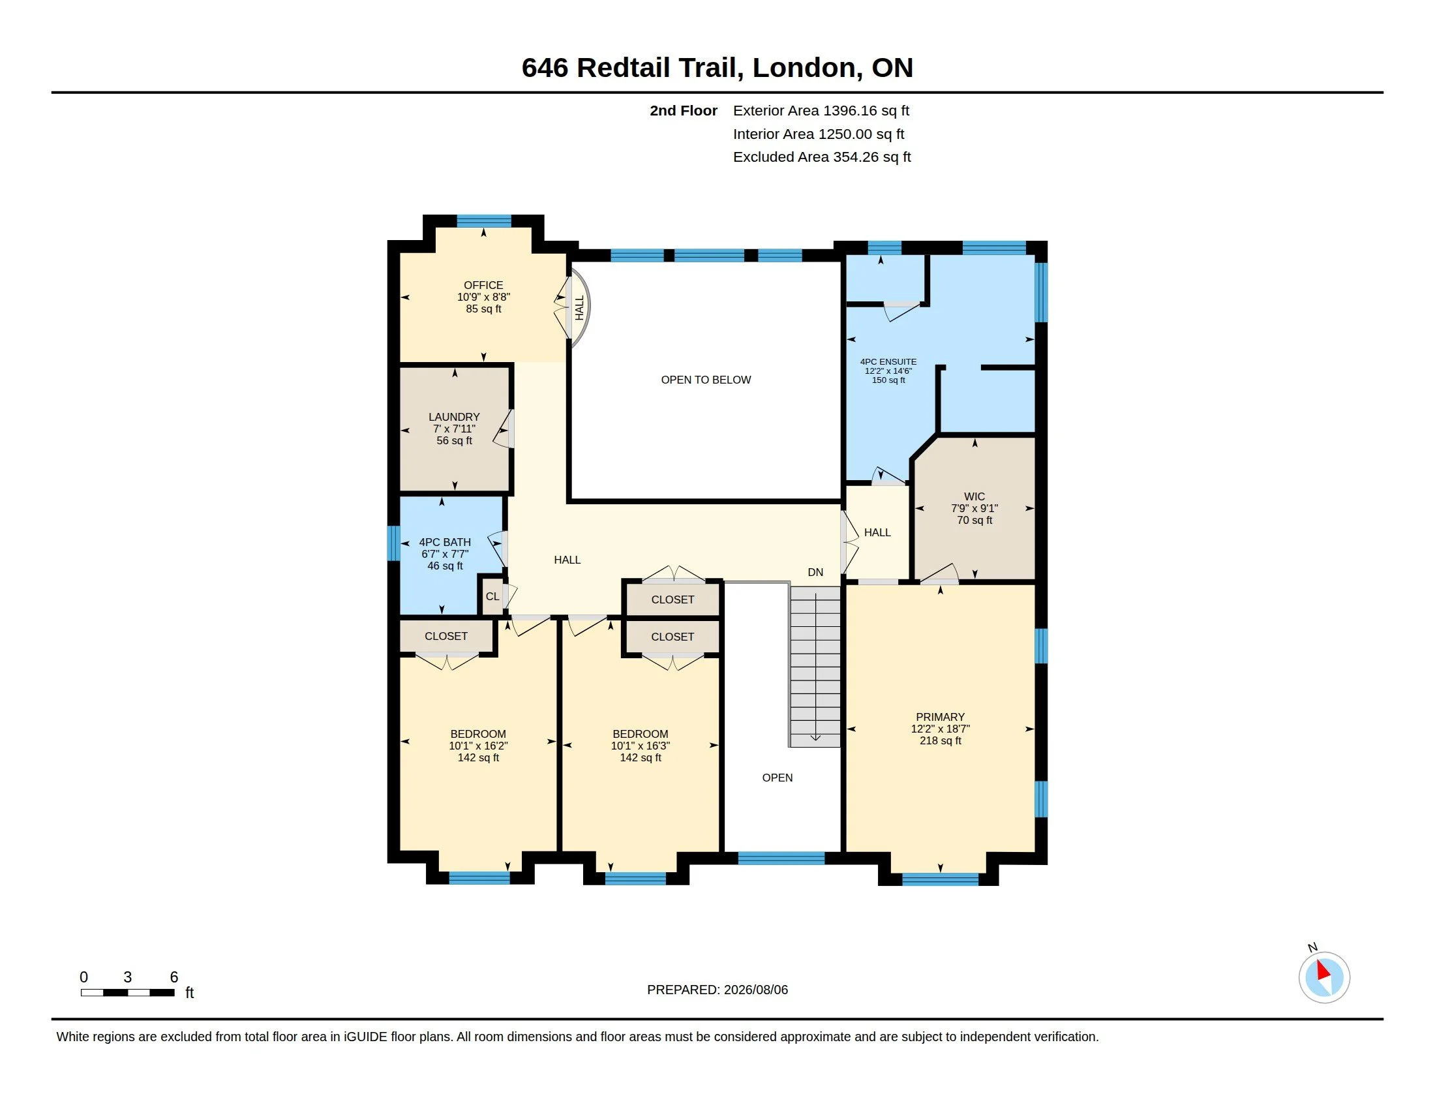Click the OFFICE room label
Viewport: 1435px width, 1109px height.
point(483,285)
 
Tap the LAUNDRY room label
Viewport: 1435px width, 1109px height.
point(454,418)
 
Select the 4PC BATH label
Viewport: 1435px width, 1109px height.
point(445,542)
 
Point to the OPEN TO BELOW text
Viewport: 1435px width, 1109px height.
point(706,380)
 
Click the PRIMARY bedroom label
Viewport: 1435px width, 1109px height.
point(940,717)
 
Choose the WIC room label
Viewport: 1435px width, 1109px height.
point(974,496)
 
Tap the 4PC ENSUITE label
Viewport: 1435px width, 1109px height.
point(888,361)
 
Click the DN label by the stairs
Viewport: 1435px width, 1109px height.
point(815,572)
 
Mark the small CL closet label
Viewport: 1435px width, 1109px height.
point(492,596)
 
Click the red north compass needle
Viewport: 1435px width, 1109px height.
point(1323,971)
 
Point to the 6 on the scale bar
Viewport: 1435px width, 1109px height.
point(174,977)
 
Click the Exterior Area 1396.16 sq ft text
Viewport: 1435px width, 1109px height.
point(821,111)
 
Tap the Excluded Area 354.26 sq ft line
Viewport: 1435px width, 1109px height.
point(822,157)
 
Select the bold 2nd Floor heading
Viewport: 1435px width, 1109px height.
point(684,111)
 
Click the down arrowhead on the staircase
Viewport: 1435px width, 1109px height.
point(815,738)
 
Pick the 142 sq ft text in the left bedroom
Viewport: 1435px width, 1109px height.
point(478,757)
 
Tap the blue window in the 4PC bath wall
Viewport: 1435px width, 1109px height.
point(393,543)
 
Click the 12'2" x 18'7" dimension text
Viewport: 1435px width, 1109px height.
point(940,729)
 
